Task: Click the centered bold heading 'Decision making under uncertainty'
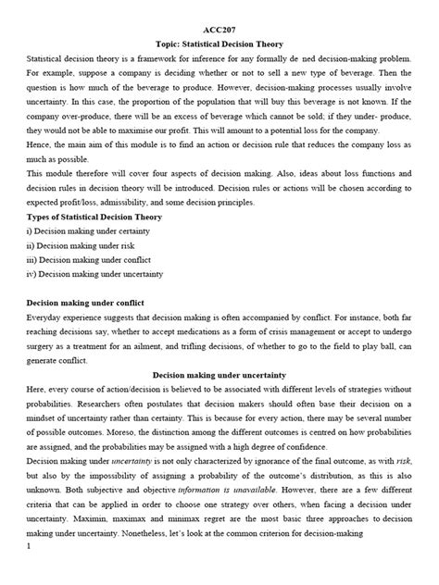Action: click(219, 376)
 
